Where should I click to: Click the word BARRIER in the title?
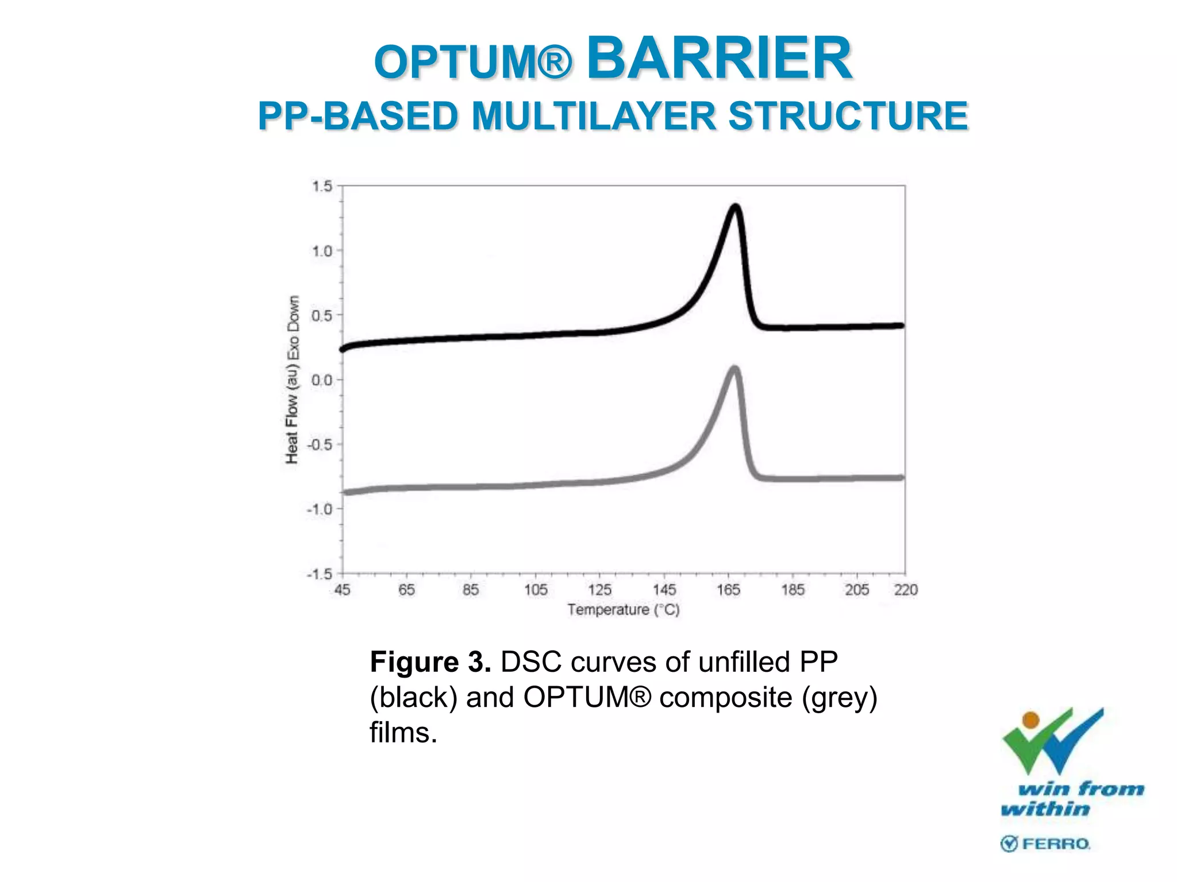tap(719, 58)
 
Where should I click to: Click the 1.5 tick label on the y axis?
tap(322, 186)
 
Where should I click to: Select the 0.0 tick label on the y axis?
tap(322, 380)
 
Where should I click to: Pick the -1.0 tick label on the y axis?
tap(320, 509)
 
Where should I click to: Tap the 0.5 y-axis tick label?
tap(322, 315)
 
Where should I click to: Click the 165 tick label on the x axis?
tap(728, 590)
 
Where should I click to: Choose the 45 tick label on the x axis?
tap(343, 590)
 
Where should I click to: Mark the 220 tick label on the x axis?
tap(906, 590)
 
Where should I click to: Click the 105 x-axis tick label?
tap(536, 590)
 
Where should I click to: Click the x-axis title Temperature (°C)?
tap(624, 610)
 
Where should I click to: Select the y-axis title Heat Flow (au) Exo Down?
tap(293, 380)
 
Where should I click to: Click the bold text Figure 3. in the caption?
tap(430, 662)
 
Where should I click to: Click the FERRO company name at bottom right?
tap(1056, 844)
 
